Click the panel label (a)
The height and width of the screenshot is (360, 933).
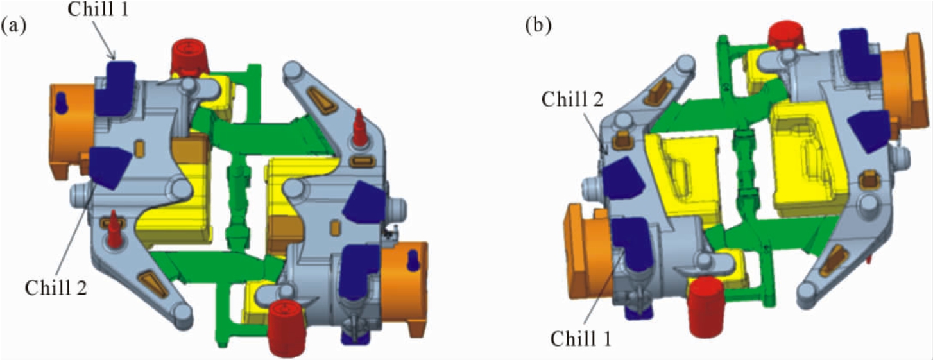(13, 26)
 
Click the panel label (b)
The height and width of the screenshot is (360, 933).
(538, 26)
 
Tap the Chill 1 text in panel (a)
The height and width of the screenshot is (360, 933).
(98, 9)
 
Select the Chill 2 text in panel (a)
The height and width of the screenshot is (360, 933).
(56, 287)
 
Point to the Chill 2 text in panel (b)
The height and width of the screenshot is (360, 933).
(572, 99)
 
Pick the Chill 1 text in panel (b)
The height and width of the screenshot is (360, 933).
(581, 339)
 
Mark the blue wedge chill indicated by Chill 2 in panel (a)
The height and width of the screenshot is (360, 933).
(109, 167)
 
